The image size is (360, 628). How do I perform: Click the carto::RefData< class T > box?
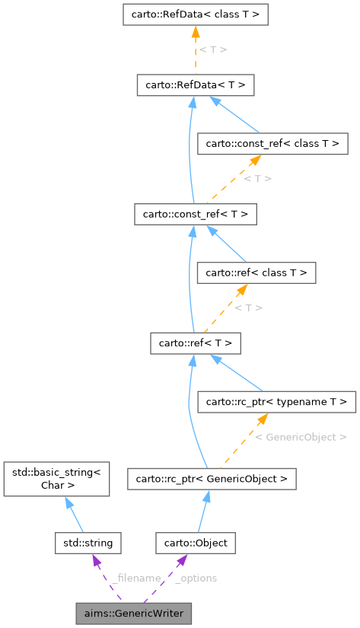click(x=195, y=14)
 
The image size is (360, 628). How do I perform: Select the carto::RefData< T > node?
click(x=195, y=84)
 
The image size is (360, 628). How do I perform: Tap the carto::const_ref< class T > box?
click(x=272, y=142)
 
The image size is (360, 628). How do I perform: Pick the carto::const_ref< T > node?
click(x=195, y=213)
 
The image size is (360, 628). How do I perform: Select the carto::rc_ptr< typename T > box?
click(x=276, y=400)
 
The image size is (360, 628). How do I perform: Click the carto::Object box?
click(x=196, y=543)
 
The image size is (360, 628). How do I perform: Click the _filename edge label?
click(x=135, y=579)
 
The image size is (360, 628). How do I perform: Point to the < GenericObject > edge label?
click(x=301, y=438)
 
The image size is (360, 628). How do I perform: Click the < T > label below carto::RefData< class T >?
click(x=212, y=49)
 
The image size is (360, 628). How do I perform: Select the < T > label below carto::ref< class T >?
click(x=248, y=308)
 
